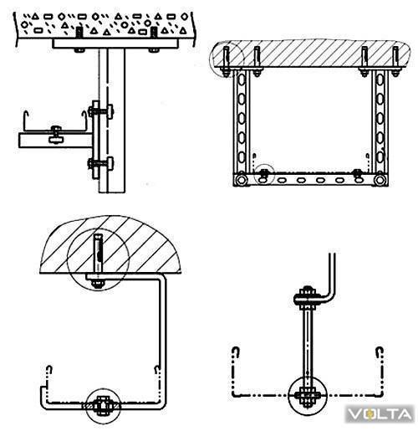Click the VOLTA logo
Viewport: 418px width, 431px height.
tap(380, 414)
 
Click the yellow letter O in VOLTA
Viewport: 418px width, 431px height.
tap(370, 414)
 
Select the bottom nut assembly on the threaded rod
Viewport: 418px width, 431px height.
tap(308, 396)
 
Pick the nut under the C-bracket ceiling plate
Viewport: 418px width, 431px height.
tap(98, 284)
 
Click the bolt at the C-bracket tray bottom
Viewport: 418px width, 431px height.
tap(103, 405)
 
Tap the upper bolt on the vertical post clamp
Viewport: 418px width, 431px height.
tap(101, 110)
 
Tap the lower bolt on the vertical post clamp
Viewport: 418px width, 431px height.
tap(101, 163)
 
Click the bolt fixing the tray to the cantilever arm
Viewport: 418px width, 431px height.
tap(57, 134)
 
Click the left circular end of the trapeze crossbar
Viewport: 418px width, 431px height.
tap(241, 180)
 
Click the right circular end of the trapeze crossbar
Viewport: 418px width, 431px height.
tap(380, 180)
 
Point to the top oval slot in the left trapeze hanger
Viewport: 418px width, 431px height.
tap(242, 80)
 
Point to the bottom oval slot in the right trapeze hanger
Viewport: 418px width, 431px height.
tap(380, 157)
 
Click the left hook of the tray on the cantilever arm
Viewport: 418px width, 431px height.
tap(26, 119)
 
